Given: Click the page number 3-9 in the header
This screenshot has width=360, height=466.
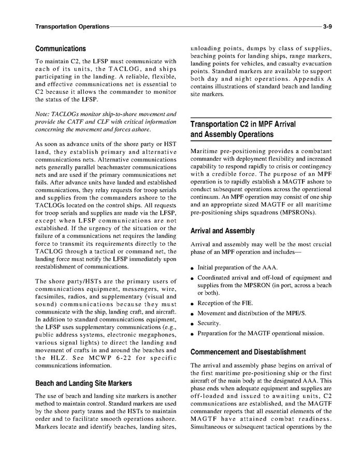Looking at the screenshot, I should [x=326, y=26].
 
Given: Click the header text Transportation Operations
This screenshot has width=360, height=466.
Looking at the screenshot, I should [x=72, y=26].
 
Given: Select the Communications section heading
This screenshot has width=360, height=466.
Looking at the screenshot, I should [x=61, y=48].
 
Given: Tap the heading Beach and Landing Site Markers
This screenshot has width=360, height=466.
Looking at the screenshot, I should [x=83, y=384].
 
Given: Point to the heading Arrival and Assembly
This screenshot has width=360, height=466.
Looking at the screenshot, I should [x=223, y=231].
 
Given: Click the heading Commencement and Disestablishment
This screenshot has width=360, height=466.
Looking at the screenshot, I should [x=248, y=351].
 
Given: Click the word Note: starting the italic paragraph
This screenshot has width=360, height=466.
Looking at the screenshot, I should [x=42, y=114].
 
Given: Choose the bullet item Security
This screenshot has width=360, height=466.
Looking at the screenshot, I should [x=209, y=323].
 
